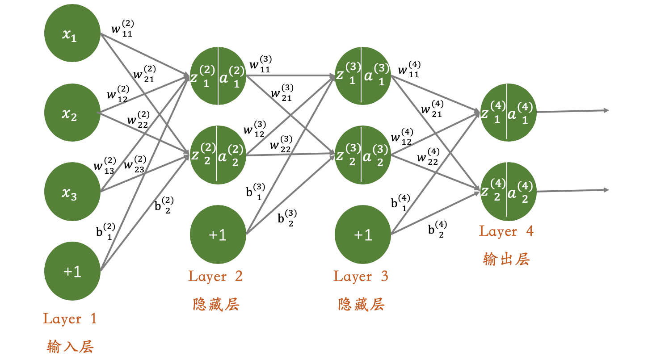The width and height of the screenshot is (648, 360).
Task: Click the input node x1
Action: [x=72, y=35]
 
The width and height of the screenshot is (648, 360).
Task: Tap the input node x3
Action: [x=72, y=191]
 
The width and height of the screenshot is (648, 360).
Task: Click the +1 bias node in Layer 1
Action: [x=72, y=271]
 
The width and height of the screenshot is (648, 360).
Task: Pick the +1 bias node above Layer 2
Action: [x=218, y=234]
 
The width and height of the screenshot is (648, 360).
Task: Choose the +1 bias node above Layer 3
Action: [x=363, y=234]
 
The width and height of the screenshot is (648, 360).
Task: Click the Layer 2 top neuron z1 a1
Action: [x=218, y=76]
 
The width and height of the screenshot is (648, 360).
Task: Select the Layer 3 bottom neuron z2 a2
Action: [x=363, y=155]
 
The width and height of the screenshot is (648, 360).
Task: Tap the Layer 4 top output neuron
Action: [x=508, y=112]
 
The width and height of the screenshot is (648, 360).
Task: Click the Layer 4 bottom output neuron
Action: [x=508, y=191]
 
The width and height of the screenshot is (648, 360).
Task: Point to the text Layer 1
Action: [x=70, y=318]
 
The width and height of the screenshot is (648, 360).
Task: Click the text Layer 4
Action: [x=506, y=231]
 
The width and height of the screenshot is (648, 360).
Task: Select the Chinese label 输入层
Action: [x=70, y=346]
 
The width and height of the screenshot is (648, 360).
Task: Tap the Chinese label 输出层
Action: [x=506, y=259]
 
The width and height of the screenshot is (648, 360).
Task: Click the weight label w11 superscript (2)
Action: [x=122, y=29]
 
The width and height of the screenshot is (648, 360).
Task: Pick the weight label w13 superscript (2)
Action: [x=104, y=166]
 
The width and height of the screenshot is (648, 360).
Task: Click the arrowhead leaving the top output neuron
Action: [x=606, y=110]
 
